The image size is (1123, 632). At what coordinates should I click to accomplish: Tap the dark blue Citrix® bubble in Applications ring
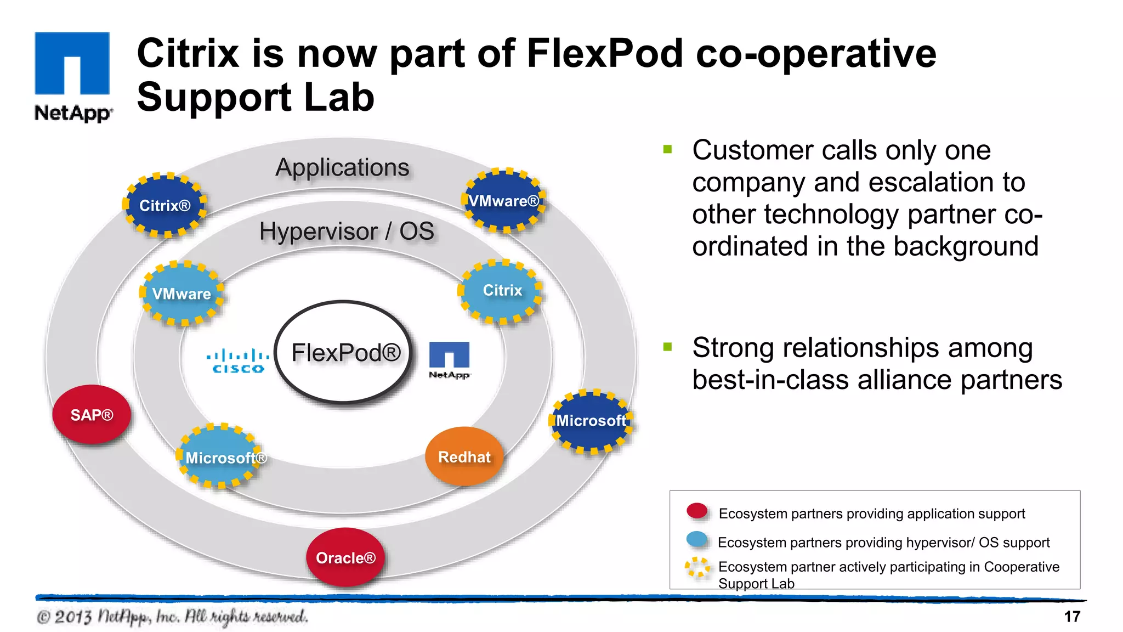pos(165,205)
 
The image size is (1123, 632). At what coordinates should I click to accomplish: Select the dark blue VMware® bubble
pos(504,201)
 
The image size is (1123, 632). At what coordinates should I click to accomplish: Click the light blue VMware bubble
pos(182,294)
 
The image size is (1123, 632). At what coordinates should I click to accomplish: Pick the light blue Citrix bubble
pos(501,291)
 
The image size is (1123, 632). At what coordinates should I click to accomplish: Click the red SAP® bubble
pos(92,415)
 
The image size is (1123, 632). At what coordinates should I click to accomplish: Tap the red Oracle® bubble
pos(345,557)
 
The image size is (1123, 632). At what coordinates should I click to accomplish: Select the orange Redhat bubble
pos(464,456)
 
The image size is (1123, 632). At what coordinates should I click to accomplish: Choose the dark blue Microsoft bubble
pos(591,421)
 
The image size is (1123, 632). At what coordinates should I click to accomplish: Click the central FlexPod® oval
pos(344,352)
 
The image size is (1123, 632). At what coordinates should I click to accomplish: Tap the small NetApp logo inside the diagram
pos(449,359)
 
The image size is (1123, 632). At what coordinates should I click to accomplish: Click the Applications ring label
pos(342,167)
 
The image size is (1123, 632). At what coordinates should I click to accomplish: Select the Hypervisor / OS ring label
pos(347,231)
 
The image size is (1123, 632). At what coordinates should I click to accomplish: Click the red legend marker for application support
pos(697,511)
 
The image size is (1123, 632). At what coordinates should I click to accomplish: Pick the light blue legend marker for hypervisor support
pos(697,539)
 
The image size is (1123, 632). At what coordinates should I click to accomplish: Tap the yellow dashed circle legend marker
pos(697,567)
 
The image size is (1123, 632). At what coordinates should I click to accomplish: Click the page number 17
pos(1072,617)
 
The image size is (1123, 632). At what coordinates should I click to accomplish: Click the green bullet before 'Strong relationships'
pos(667,347)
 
